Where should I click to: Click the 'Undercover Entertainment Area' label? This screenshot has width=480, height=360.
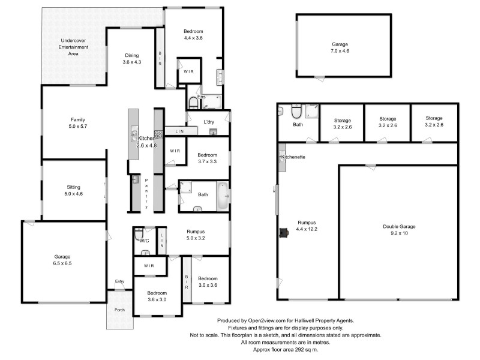(x=73, y=47)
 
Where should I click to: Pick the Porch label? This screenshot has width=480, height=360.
(x=121, y=310)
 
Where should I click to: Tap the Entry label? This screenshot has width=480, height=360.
(x=120, y=281)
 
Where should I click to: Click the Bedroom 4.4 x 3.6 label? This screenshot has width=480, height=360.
(x=193, y=35)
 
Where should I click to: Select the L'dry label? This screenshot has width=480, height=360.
(x=209, y=122)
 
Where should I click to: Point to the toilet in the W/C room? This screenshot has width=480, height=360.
(x=139, y=234)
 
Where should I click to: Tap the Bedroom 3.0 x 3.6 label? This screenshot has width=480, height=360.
(x=208, y=282)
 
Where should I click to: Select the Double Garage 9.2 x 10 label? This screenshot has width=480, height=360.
(x=399, y=230)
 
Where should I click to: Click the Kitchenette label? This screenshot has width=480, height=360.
(x=293, y=157)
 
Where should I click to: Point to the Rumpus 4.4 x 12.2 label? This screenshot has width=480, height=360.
(x=306, y=226)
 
